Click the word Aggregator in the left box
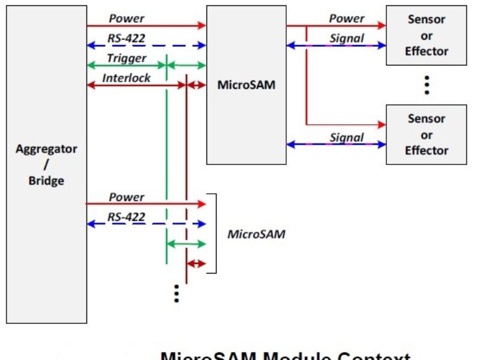point(46,149)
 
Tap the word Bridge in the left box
point(46,180)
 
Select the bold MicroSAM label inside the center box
point(246,85)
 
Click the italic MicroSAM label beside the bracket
point(256,234)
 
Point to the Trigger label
point(127,58)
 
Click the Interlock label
point(126,78)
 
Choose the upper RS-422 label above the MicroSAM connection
point(127,38)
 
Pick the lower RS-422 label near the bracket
point(127,217)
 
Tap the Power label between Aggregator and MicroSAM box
point(127,19)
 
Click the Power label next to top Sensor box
point(346,19)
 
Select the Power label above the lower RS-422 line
point(127,197)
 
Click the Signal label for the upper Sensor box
point(347,38)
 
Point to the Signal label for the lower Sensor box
point(347,137)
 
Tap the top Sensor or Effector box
point(426,35)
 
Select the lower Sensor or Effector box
point(426,134)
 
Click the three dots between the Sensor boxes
point(427,85)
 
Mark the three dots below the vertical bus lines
point(176,293)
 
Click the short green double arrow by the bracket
point(186,244)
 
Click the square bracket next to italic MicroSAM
point(213,234)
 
